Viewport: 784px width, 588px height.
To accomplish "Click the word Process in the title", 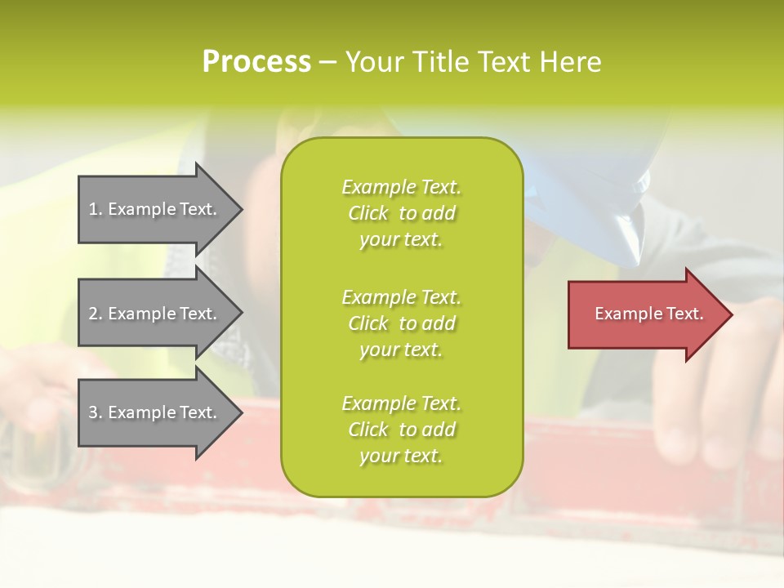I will pos(256,62).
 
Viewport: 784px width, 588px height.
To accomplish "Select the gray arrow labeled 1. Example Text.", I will pos(155,209).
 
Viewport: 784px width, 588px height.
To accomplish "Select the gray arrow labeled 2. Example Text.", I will pos(155,314).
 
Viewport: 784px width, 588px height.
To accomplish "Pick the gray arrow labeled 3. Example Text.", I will pos(155,412).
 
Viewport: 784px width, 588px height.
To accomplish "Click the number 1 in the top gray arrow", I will pos(94,209).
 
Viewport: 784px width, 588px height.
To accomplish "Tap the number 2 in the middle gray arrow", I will pos(94,314).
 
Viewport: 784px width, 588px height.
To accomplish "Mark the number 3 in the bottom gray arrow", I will pos(94,412).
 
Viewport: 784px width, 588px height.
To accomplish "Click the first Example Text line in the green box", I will pos(401,187).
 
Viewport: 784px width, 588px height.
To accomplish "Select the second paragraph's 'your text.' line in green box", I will pos(401,350).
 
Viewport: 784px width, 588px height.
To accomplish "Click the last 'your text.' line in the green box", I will pos(401,456).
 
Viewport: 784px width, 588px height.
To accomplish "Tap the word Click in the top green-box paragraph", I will pos(367,213).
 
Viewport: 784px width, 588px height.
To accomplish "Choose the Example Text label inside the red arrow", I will pos(648,314).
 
